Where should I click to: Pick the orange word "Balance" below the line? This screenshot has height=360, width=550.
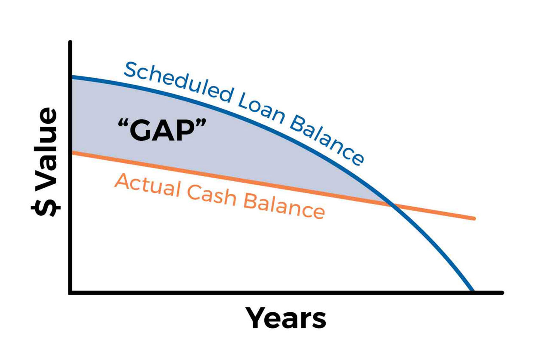284,207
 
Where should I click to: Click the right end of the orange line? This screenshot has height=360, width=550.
474,218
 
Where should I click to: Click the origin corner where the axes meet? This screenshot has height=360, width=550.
70,293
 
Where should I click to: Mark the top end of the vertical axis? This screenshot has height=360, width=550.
70,42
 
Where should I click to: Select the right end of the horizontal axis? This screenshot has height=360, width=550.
502,293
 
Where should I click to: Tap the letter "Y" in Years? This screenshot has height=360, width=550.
257,318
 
